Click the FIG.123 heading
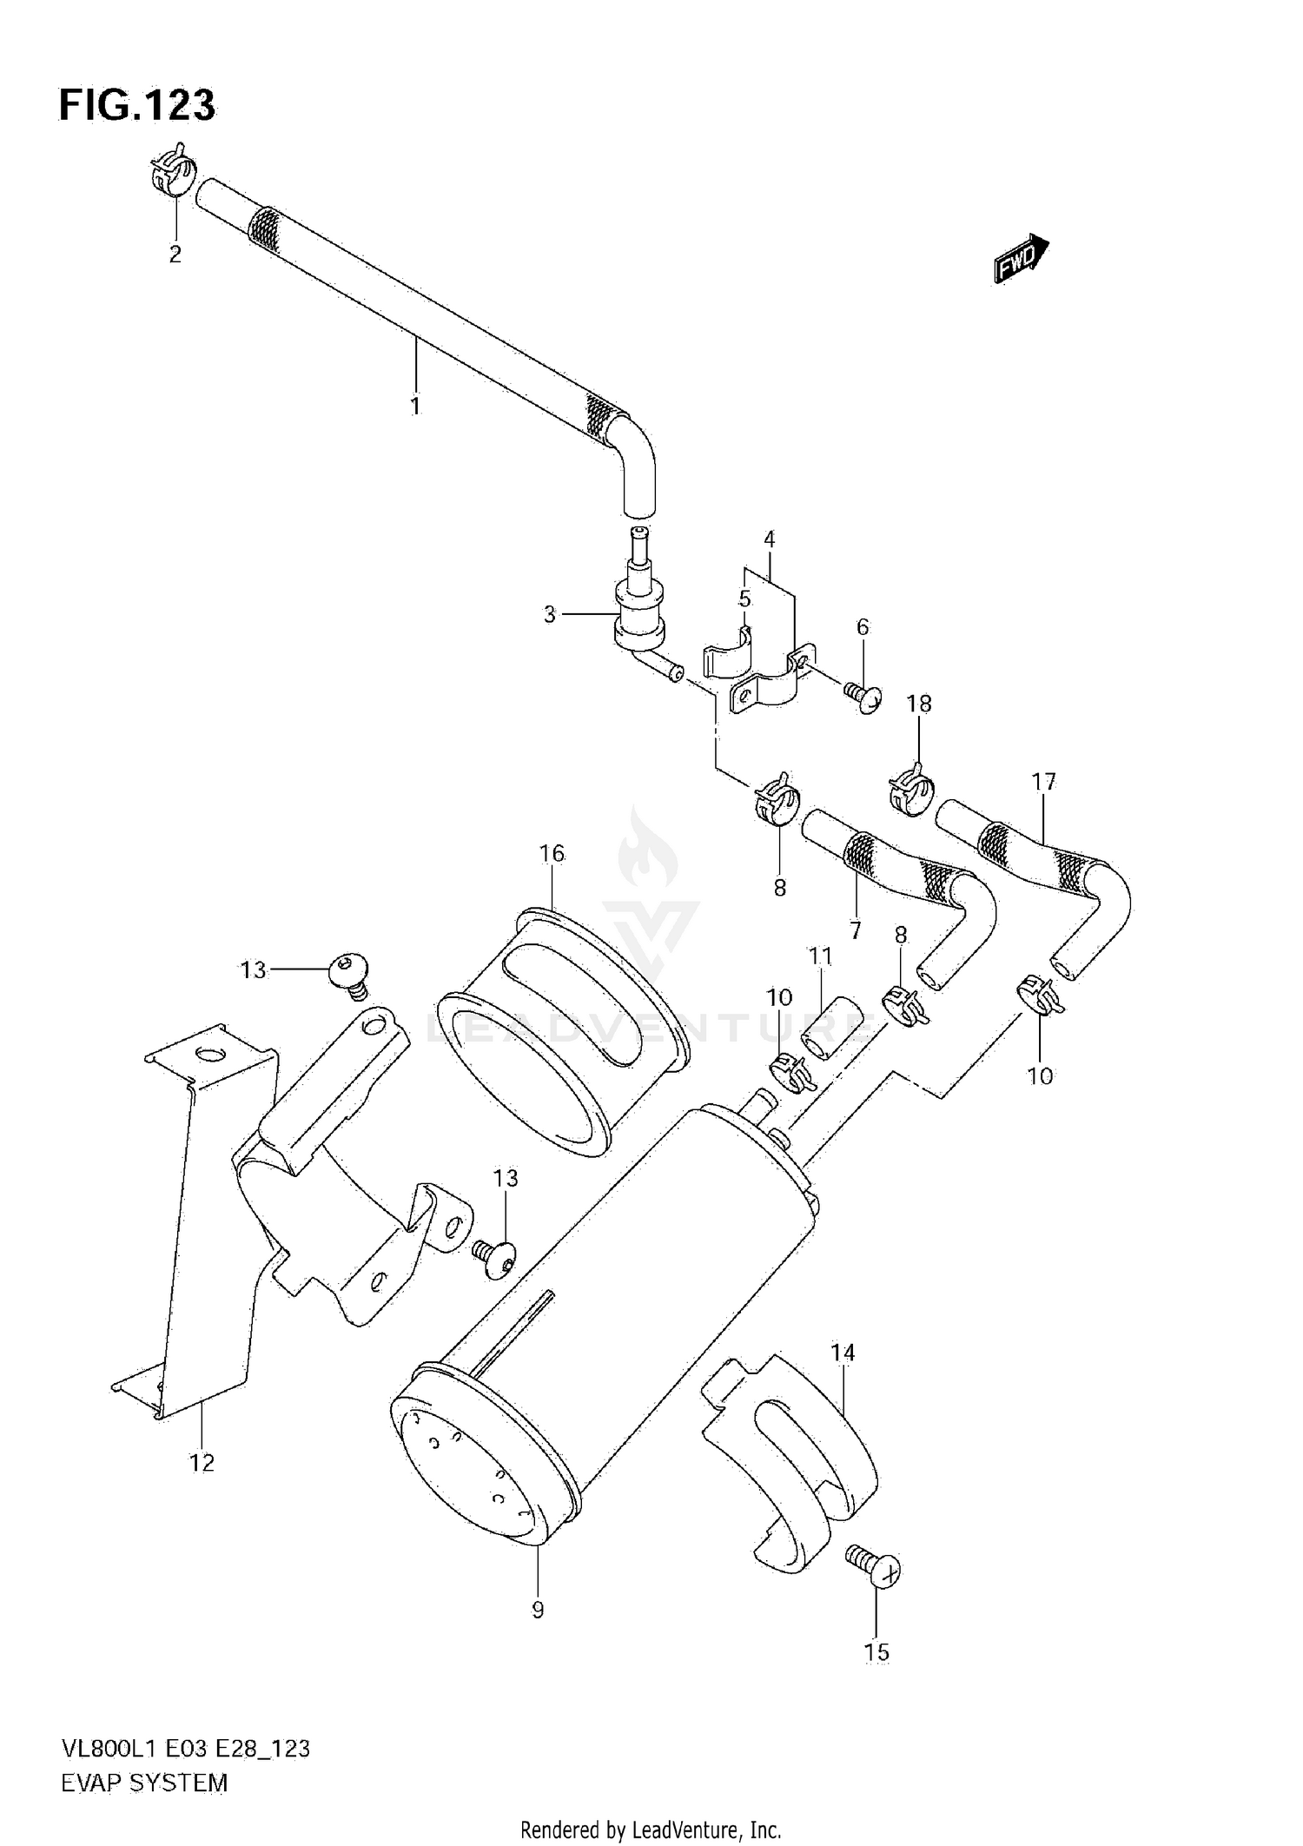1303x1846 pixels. coord(137,106)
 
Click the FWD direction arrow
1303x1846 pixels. coord(1022,259)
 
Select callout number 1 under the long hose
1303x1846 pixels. coord(415,406)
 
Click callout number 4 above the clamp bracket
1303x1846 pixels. coord(770,539)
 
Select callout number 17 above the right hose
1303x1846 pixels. coord(1043,782)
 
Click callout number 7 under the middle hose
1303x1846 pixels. coord(856,930)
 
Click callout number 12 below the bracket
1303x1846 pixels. coord(202,1463)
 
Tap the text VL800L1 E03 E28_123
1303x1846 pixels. coord(184,1749)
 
